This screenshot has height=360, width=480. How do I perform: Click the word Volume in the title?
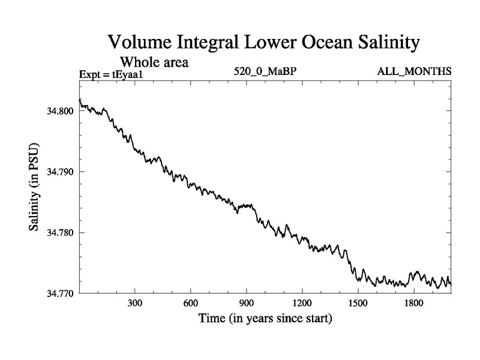pyautogui.click(x=139, y=43)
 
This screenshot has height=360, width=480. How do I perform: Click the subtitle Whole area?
pyautogui.click(x=155, y=61)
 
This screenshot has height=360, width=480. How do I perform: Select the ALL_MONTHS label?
pyautogui.click(x=414, y=72)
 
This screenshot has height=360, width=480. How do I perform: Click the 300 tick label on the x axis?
pyautogui.click(x=134, y=304)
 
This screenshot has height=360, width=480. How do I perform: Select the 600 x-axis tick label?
pyautogui.click(x=190, y=304)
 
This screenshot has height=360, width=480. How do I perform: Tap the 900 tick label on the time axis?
pyautogui.click(x=246, y=304)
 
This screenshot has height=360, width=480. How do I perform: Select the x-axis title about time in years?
pyautogui.click(x=265, y=318)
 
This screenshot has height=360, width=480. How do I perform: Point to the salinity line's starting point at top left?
pyautogui.click(x=80, y=100)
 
